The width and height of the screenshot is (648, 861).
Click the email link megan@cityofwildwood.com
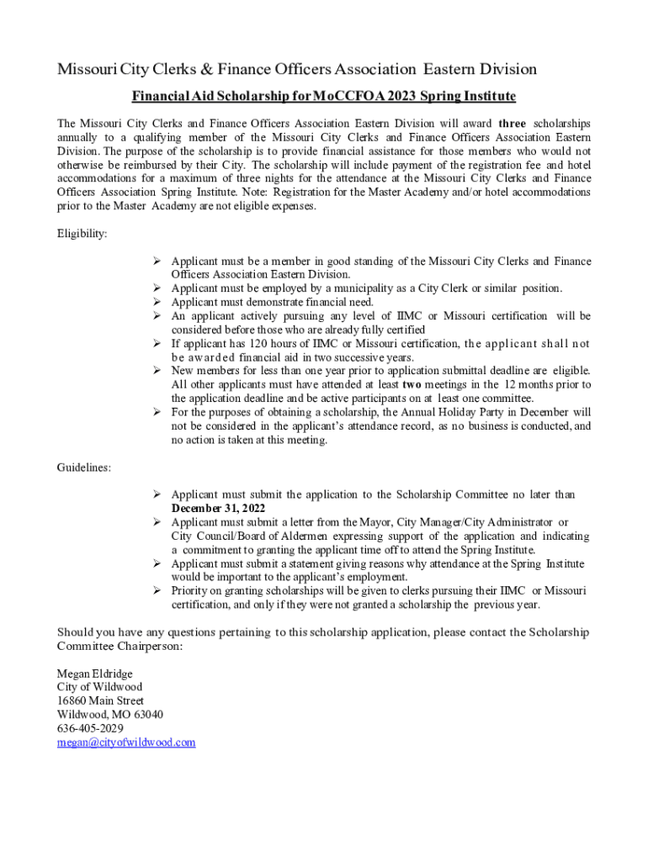point(125,742)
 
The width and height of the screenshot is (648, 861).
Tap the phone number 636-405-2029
point(90,728)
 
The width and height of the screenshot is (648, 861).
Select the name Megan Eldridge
point(94,673)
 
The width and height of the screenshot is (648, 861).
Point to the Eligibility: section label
point(82,233)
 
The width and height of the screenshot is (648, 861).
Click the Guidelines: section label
point(83,467)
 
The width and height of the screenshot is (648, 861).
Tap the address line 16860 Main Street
point(100,700)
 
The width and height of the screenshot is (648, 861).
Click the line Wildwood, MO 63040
point(109,715)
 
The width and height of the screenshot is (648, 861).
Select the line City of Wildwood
point(94,687)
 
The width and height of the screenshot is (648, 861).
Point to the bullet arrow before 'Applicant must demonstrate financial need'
point(157,302)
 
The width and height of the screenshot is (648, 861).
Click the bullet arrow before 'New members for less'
point(157,371)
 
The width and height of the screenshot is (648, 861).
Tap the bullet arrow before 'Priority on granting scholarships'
point(157,591)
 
